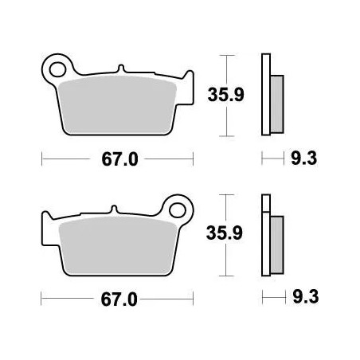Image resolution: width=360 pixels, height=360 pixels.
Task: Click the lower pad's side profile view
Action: [x=270, y=239]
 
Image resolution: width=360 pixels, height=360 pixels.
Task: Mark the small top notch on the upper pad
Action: [x=119, y=69]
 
